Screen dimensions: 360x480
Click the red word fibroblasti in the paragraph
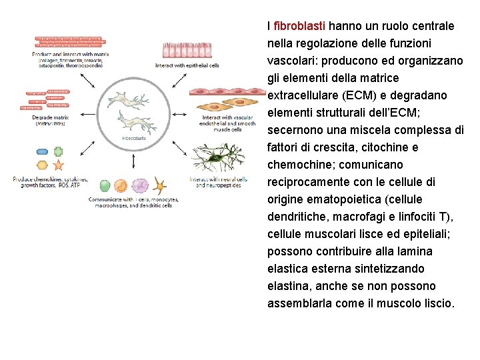pyautogui.click(x=299, y=26)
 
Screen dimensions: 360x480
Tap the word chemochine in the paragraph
pyautogui.click(x=298, y=165)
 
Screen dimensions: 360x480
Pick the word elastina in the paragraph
pyautogui.click(x=289, y=286)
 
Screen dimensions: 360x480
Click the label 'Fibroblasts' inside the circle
pyautogui.click(x=134, y=138)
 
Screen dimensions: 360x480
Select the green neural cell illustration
pyautogui.click(x=217, y=159)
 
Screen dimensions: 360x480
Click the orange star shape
pyautogui.click(x=59, y=165)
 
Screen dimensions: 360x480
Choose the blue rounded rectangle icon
pyautogui.click(x=42, y=152)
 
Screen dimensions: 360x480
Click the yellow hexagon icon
pyautogui.click(x=42, y=165)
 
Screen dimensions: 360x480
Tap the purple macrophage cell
pyautogui.click(x=140, y=186)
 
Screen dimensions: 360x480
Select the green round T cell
pyautogui.click(x=105, y=186)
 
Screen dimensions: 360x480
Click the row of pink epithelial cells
pyautogui.click(x=187, y=51)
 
